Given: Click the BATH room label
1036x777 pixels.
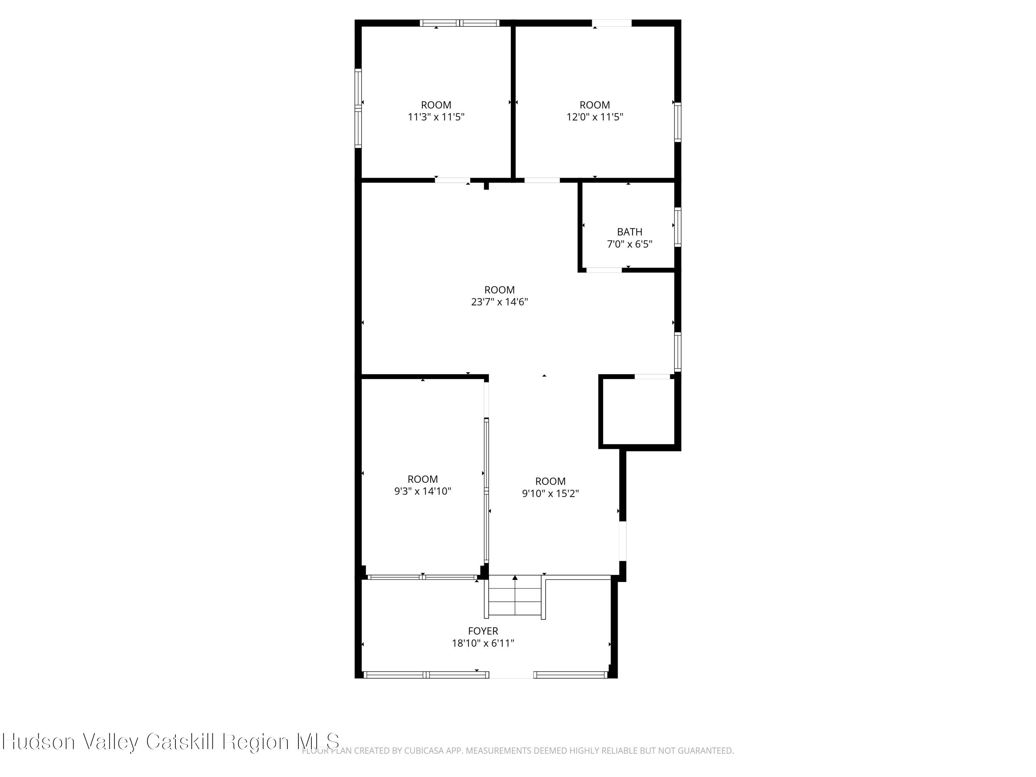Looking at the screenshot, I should tap(630, 232).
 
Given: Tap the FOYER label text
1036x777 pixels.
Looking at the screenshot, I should tap(483, 631).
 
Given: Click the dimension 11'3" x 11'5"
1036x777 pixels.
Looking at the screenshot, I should tap(436, 117).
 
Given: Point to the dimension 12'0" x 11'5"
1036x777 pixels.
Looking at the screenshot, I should tap(595, 117).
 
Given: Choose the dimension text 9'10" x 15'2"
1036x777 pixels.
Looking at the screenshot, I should tap(550, 493).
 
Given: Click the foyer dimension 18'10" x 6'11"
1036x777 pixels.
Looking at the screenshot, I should tap(483, 643).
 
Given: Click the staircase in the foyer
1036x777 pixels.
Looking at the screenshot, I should tap(515, 596).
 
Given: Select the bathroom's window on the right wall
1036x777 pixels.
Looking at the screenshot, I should tap(677, 227).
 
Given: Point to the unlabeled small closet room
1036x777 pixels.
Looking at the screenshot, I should tap(639, 411).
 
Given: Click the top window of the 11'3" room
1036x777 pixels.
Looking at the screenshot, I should tap(459, 23).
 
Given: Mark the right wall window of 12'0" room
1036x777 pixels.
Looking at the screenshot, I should tap(677, 122).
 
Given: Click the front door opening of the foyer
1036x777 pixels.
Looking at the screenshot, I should tap(511, 675).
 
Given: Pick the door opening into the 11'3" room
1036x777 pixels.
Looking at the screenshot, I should tap(452, 180).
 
